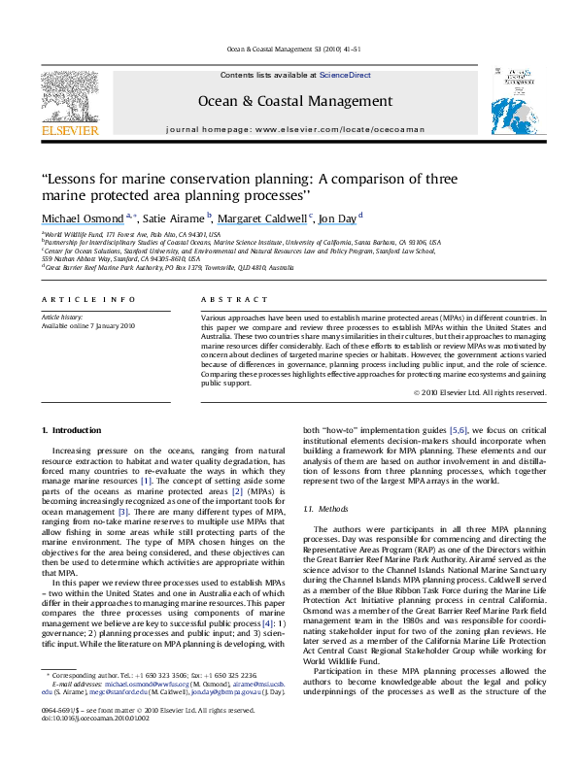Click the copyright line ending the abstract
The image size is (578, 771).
pyautogui.click(x=480, y=392)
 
